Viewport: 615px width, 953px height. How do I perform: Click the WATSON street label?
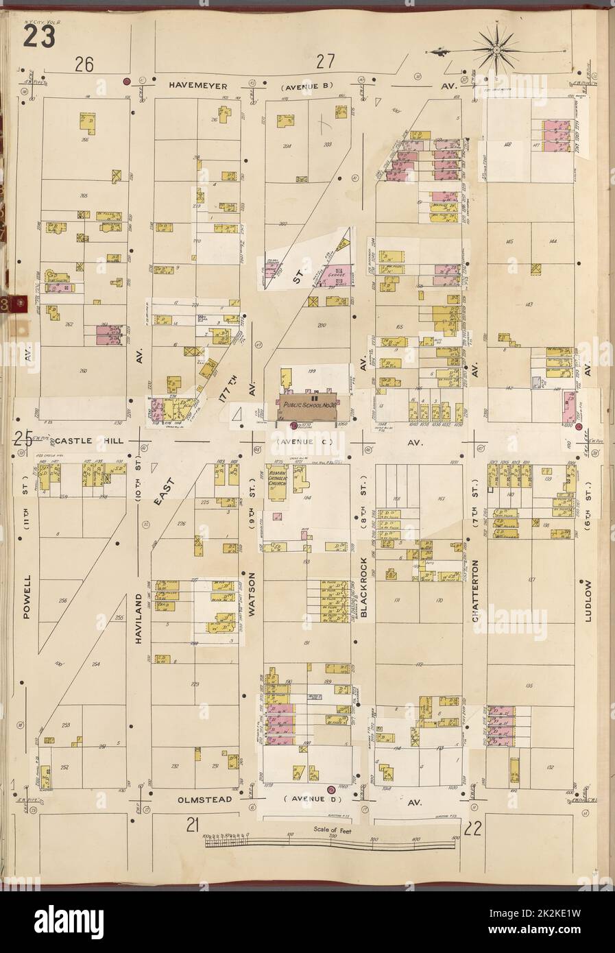coord(252,592)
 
